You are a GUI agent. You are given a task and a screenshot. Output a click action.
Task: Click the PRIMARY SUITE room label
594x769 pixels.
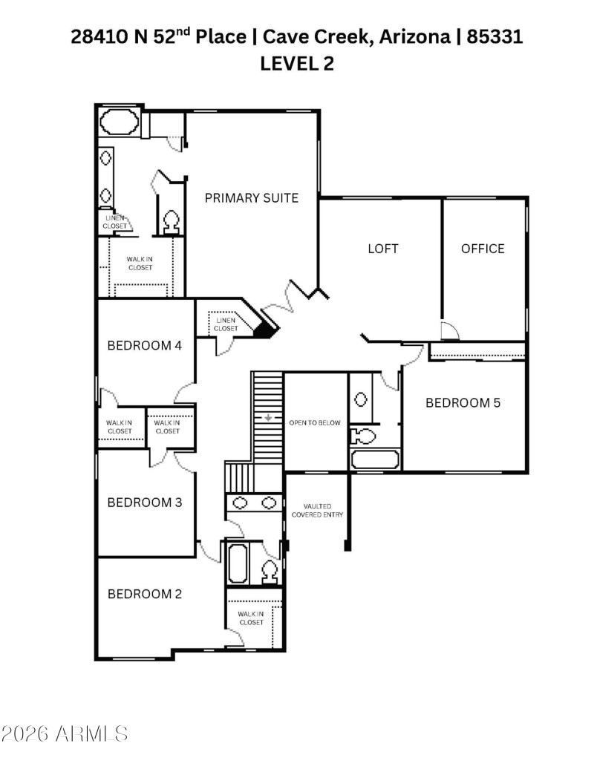[x=251, y=197]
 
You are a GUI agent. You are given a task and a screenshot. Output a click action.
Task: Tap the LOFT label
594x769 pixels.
[x=383, y=248]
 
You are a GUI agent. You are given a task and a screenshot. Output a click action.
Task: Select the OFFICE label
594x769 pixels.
[x=483, y=248]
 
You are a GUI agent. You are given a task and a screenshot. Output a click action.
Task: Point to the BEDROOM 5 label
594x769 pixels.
[x=463, y=403]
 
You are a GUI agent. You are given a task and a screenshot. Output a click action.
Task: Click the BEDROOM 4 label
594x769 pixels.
[x=145, y=345]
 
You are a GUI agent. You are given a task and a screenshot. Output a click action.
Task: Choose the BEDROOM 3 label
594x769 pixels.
[x=145, y=503]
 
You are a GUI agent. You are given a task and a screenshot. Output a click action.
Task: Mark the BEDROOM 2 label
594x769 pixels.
[x=145, y=594]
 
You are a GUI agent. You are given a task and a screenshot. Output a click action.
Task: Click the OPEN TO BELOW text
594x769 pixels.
[x=315, y=423]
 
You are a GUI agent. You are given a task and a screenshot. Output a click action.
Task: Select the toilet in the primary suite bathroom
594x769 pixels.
[x=170, y=220]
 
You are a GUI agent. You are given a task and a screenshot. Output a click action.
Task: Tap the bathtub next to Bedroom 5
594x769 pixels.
[x=375, y=459]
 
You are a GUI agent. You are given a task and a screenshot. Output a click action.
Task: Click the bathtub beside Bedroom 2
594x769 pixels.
[x=238, y=563]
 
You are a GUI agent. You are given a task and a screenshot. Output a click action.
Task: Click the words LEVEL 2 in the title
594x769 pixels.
[x=297, y=64]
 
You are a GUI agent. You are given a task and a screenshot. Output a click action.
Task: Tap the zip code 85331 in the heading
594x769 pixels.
[x=495, y=36]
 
